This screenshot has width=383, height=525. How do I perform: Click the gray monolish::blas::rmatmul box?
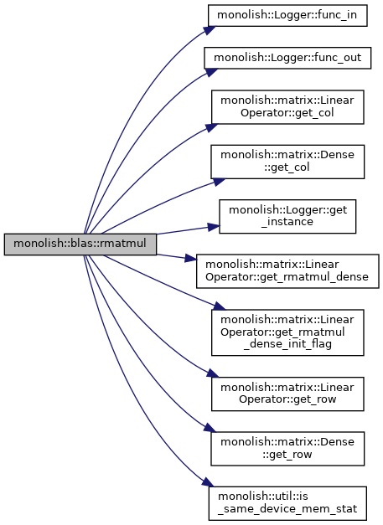pos(80,244)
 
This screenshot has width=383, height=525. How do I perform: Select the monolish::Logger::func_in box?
pos(287,15)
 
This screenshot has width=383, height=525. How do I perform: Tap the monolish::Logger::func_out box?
pos(287,59)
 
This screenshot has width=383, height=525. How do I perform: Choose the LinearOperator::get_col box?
pos(287,107)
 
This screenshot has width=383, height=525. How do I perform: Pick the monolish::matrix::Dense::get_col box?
pos(287,162)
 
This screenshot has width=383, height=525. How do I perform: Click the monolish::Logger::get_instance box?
pos(287,217)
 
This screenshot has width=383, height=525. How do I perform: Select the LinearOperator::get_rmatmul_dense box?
pos(287,271)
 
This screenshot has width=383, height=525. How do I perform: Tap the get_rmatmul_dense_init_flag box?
pos(287,332)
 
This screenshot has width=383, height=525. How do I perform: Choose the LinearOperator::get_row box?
pos(287,394)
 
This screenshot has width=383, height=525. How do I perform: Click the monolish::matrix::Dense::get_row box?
pos(287,449)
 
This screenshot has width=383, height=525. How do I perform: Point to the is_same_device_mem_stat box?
pos(287,503)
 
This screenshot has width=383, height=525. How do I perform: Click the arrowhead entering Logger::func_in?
pos(210,29)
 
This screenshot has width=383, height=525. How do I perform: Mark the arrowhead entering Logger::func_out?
pos(211,72)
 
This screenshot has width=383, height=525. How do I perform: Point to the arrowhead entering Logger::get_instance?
pos(214,227)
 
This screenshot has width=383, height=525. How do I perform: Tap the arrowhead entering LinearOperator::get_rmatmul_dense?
pos(190,258)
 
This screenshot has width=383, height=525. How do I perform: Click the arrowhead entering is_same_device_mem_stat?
pos(208,482)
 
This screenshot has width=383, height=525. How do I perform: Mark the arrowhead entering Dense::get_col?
pos(220,182)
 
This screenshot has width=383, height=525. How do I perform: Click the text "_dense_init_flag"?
pos(287,344)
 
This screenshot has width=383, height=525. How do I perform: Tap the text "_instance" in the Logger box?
pos(287,222)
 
